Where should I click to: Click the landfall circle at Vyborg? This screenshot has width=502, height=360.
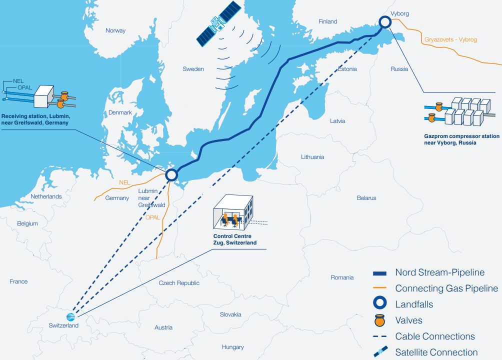[384, 21]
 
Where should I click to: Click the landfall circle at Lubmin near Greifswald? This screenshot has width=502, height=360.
[171, 174]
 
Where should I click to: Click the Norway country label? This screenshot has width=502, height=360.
[115, 31]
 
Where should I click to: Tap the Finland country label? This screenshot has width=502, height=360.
[328, 21]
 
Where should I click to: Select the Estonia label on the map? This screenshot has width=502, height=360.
[347, 69]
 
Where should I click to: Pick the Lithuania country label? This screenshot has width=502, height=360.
[312, 157]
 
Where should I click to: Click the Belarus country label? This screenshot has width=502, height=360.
[366, 198]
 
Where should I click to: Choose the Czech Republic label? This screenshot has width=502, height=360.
[179, 283]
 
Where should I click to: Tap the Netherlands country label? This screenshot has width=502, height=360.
[46, 196]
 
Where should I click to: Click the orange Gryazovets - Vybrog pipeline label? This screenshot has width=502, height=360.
[450, 39]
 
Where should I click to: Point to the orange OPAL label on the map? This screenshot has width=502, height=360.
[153, 217]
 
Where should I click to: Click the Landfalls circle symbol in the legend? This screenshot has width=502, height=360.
[379, 304]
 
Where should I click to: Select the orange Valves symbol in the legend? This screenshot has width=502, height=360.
[379, 320]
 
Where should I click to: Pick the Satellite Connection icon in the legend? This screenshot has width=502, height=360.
[379, 352]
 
